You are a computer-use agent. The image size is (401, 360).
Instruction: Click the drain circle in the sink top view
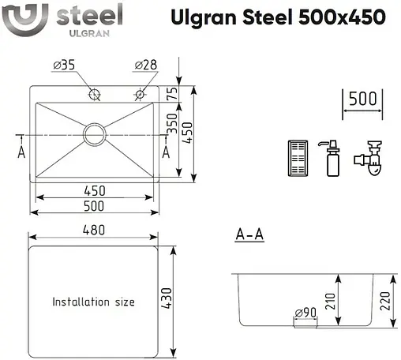click(x=95, y=133)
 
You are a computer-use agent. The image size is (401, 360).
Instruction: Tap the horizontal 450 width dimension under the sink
click(x=96, y=190)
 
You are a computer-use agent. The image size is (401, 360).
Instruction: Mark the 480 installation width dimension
click(x=96, y=230)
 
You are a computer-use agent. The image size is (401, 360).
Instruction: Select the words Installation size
click(x=93, y=302)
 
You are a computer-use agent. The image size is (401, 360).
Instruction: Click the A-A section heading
click(x=249, y=235)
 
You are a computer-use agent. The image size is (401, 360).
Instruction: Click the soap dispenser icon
click(x=332, y=159)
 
